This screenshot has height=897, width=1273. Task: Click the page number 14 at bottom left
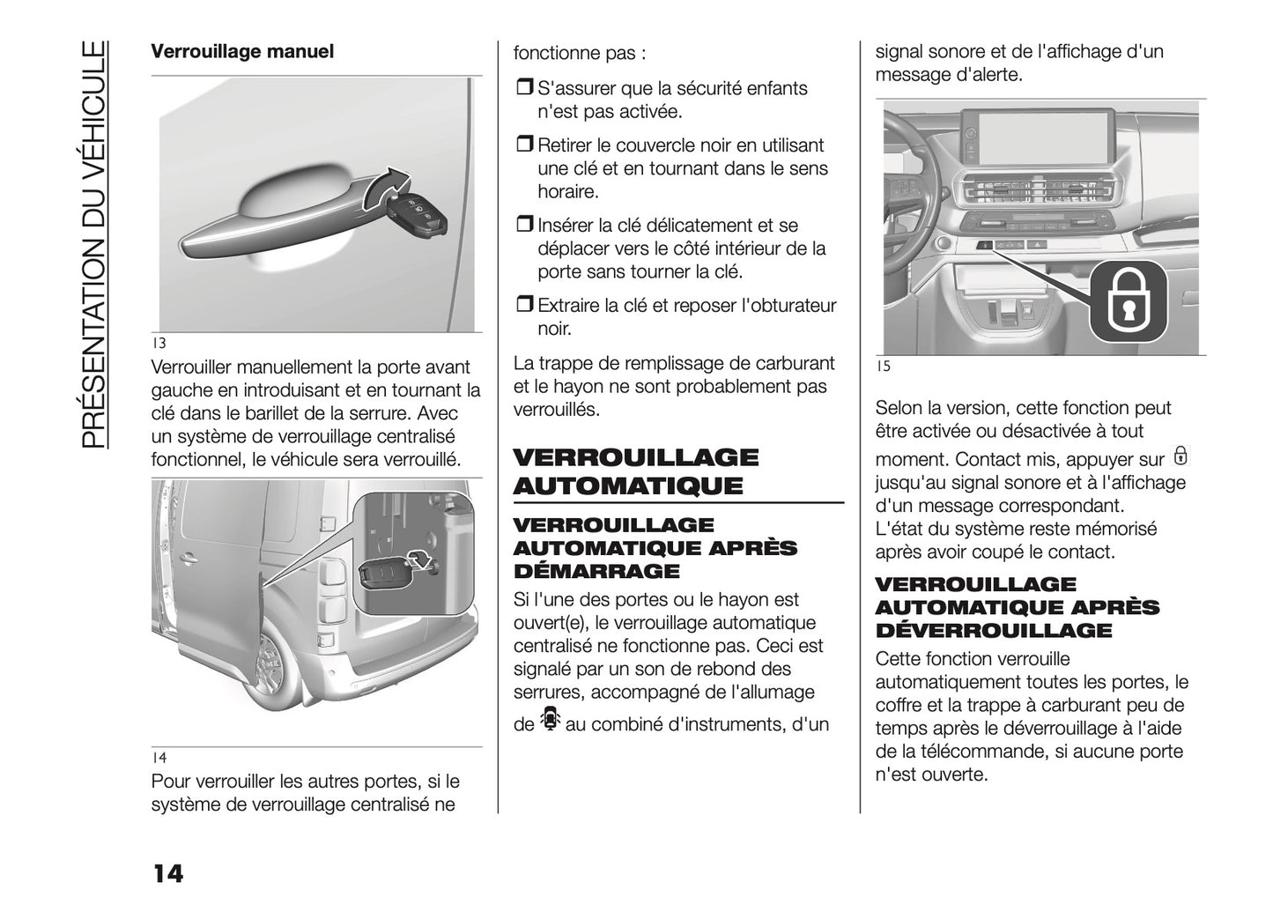tap(167, 873)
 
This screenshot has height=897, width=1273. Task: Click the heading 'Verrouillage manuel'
tap(242, 51)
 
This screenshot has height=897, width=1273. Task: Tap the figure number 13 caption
tap(159, 344)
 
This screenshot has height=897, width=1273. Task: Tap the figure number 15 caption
tap(883, 367)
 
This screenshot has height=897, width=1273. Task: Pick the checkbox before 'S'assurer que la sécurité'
tap(524, 88)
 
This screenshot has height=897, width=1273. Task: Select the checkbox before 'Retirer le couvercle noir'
tap(524, 145)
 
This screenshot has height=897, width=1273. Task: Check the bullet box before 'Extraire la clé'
tap(524, 306)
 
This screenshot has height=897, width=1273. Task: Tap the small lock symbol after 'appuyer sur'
tap(1180, 456)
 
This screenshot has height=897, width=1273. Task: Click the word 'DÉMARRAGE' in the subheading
tap(596, 571)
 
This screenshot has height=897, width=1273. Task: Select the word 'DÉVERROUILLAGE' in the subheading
tap(994, 630)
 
